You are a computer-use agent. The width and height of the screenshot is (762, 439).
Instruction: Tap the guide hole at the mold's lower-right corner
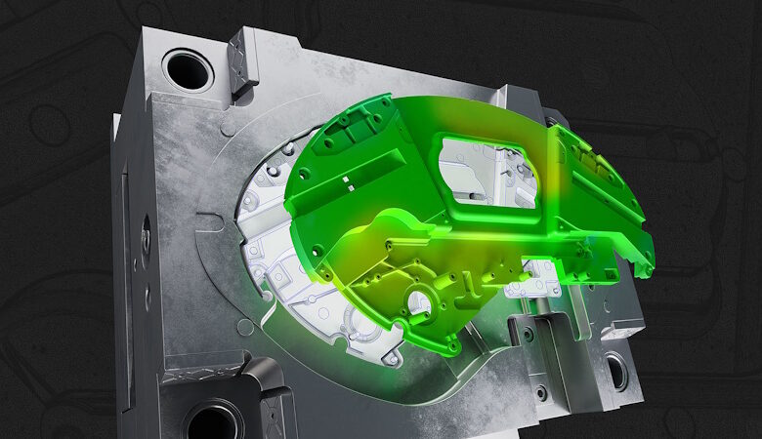(x=617, y=371)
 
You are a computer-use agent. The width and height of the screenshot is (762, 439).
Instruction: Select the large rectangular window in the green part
(x=487, y=172)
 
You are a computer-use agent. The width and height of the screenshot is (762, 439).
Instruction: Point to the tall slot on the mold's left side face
(x=124, y=234)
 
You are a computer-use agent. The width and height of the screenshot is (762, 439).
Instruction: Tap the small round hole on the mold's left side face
(x=146, y=234)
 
